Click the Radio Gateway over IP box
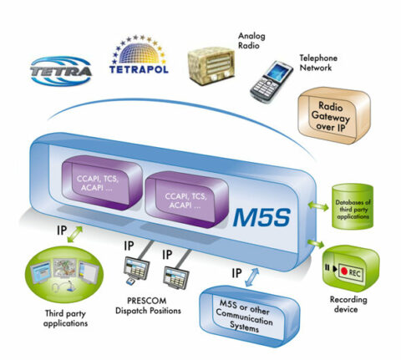pos(333,118)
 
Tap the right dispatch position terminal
pos(176,275)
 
